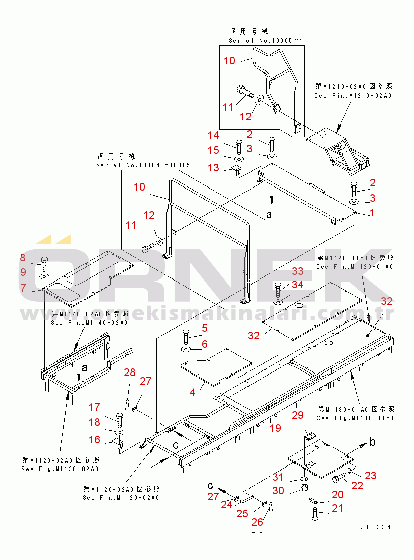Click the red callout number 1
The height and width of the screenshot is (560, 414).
pos(372,213)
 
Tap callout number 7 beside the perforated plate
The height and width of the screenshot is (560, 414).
pos(23,288)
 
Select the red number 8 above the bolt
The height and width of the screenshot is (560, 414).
pos(22,258)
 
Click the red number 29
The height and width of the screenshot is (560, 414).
pos(298,415)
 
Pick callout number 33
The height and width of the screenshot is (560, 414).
pos(298,271)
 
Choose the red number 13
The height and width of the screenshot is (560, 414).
pos(214,168)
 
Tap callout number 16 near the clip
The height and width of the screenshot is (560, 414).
pos(95,440)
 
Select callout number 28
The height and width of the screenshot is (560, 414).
pos(130,372)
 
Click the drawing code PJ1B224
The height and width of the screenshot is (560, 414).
pos(372,527)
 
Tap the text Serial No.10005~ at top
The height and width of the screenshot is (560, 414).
pos(267,40)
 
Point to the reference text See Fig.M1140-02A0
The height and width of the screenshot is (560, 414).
pos(89,323)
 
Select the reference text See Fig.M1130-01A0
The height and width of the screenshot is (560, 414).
pos(355,418)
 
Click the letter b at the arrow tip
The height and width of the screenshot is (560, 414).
pos(372,442)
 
